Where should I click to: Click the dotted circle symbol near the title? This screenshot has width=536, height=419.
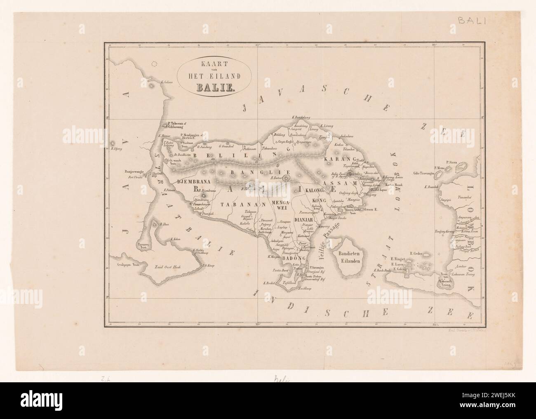[155, 64]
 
